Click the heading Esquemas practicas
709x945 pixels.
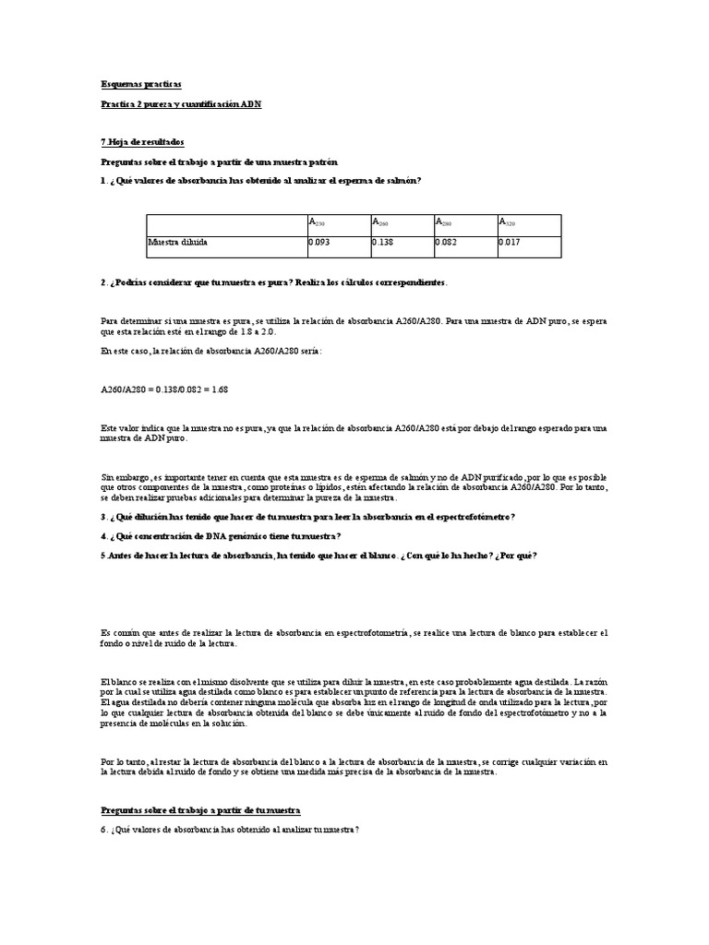click(140, 83)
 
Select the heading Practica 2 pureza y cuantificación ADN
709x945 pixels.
click(181, 104)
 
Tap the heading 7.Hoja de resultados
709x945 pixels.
click(142, 142)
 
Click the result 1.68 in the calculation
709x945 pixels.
click(219, 389)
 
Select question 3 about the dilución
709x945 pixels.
click(307, 517)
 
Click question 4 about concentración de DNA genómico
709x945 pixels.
click(221, 536)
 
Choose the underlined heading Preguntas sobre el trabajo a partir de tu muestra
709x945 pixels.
click(200, 809)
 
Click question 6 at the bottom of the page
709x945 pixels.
click(229, 830)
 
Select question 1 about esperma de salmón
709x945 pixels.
click(260, 180)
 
